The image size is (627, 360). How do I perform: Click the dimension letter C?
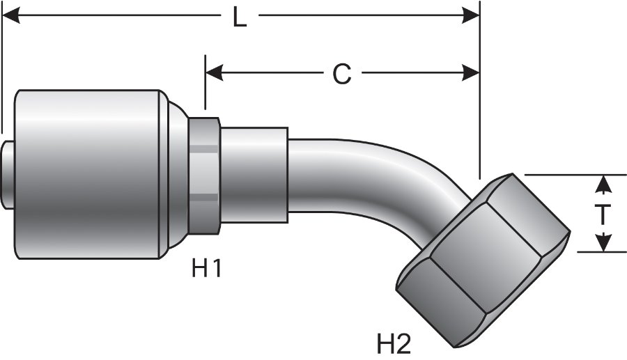coord(341,73)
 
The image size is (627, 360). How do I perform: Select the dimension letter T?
coord(604,214)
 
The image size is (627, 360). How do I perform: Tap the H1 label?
coord(206,268)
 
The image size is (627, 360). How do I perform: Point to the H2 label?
coord(394,343)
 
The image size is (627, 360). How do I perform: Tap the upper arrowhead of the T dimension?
coord(604,183)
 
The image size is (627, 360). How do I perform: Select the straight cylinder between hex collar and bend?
coord(254,174)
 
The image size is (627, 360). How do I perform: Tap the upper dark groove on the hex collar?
coord(205,148)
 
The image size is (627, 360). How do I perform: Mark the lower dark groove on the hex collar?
coord(205,199)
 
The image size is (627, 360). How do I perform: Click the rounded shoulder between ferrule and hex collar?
coord(178,174)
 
